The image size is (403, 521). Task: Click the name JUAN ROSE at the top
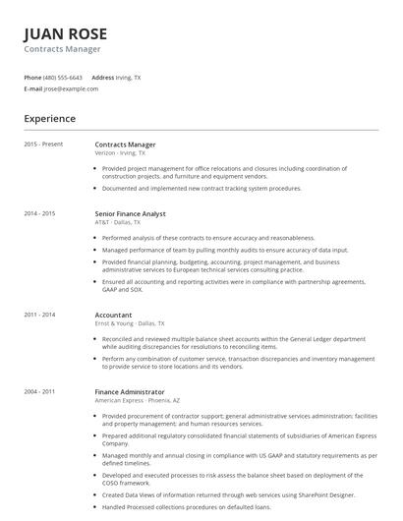(x=65, y=33)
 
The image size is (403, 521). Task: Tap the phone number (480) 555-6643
(x=63, y=77)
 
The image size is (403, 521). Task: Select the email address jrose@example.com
(x=71, y=88)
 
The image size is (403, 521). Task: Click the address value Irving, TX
(x=128, y=77)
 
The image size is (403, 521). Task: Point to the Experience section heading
(x=49, y=119)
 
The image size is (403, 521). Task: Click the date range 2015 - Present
(x=43, y=145)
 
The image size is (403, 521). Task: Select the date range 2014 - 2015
(x=39, y=213)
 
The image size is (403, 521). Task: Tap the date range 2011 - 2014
(x=39, y=315)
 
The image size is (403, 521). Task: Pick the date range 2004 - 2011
(x=39, y=391)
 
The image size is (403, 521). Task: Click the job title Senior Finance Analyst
(x=130, y=213)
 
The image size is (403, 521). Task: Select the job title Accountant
(x=113, y=315)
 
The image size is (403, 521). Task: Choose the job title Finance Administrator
(x=131, y=391)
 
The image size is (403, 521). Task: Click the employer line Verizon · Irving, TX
(x=120, y=153)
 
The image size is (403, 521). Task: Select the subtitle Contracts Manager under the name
(x=62, y=49)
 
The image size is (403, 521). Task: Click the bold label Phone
(x=32, y=77)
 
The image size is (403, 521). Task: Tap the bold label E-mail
(x=32, y=88)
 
